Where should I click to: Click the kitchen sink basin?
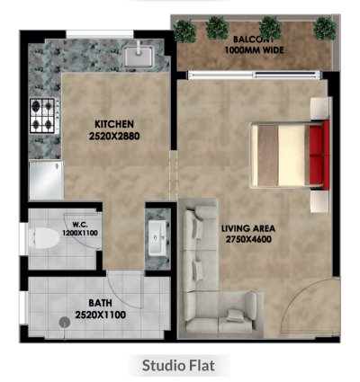point(139,57)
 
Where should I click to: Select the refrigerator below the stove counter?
point(47,181)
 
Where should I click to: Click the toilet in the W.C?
point(44,238)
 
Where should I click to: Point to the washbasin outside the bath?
point(157,237)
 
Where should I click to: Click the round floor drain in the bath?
point(65,323)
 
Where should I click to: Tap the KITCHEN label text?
point(114,124)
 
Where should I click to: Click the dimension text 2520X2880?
point(114,137)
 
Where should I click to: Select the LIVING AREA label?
point(248,228)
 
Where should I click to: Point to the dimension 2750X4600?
point(248,239)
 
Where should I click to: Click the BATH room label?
point(100,303)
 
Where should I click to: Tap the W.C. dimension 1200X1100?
point(80,233)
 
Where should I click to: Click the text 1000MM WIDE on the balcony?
point(254,50)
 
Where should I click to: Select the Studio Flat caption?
point(178,366)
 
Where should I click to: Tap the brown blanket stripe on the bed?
point(268,155)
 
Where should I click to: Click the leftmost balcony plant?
point(184,31)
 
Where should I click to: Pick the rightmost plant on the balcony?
point(325,29)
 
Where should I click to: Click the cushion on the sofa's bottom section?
point(236,315)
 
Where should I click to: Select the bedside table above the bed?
point(319,108)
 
